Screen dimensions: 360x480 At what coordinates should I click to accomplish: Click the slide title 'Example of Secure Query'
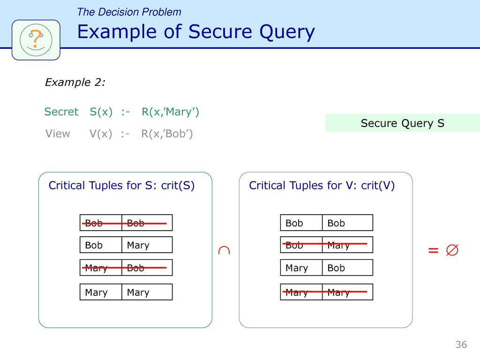pos(195,32)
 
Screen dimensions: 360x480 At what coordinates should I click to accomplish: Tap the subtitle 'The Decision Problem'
pos(129,12)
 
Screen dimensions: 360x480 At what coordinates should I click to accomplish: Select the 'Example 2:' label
pos(75,83)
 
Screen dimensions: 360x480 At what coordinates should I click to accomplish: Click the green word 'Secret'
pos(61,112)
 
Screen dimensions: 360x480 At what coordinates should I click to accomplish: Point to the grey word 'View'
pos(58,134)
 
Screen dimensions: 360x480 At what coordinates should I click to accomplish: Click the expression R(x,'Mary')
pos(170,112)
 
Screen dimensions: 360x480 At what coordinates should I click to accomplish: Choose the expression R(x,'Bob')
pos(167,134)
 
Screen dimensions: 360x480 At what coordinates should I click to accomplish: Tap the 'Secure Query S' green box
pos(402,123)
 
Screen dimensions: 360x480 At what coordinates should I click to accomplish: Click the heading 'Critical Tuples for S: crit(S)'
pos(121,186)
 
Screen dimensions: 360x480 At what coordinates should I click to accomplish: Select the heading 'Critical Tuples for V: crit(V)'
pos(322,186)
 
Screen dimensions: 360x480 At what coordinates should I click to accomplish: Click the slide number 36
pos(461,345)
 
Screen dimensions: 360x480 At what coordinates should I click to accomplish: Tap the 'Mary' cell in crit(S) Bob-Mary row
pos(147,245)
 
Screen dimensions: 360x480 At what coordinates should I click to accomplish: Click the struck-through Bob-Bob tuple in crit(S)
pos(126,223)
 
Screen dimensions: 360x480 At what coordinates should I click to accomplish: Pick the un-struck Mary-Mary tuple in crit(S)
pos(126,292)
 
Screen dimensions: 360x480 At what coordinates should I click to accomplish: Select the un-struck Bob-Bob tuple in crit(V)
pos(327,223)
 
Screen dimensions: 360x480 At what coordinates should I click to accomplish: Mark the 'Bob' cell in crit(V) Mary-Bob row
pos(347,268)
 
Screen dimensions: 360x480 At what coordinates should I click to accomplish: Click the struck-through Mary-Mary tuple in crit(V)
pos(327,292)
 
